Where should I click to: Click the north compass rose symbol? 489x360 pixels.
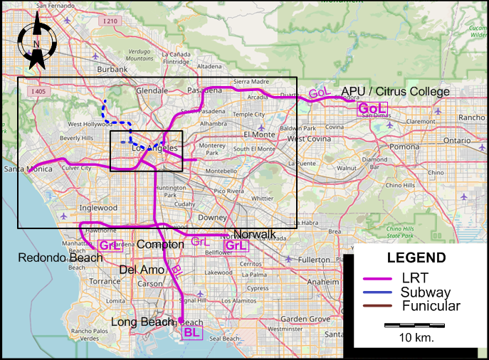36,44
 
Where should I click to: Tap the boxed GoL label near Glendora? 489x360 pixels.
372,108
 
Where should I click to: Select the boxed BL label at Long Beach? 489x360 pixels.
191,332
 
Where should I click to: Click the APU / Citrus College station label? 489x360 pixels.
395,92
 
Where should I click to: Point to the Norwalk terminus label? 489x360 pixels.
254,234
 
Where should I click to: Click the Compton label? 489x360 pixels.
160,244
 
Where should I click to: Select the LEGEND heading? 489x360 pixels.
416,258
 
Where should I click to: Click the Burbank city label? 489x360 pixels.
112,69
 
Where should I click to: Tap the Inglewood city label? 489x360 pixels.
98,208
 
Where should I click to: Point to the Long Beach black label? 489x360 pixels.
142,322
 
